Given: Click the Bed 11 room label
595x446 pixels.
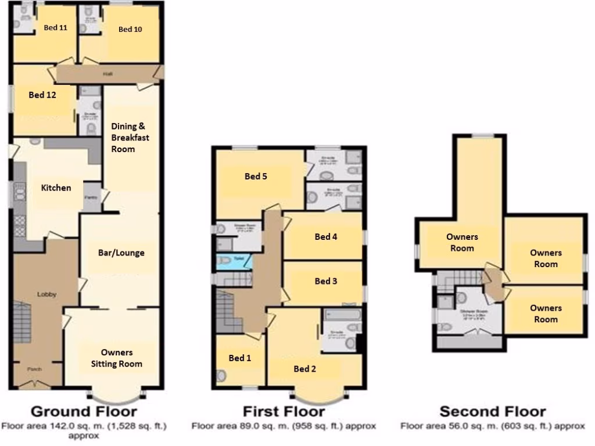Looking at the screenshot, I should (56, 27).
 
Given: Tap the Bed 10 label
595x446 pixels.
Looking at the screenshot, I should (130, 29).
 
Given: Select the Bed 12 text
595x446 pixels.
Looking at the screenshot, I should (42, 95).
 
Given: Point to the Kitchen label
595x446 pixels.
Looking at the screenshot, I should (56, 188).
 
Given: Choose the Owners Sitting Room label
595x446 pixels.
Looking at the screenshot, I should (117, 358).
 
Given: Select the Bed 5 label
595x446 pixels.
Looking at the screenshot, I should (256, 177).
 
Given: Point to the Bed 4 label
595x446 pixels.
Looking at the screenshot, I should (326, 236).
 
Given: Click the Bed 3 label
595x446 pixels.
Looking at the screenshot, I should (326, 281).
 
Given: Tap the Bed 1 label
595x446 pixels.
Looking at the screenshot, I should (239, 358).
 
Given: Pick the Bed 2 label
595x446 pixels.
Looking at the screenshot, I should (305, 369).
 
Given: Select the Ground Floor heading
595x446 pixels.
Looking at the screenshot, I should (84, 412).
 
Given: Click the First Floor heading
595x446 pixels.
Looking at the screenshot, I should (284, 412).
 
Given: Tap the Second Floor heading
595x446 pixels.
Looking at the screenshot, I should (493, 412).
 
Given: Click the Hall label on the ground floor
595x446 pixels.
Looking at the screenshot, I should (108, 74).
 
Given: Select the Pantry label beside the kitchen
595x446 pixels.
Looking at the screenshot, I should (92, 198).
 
